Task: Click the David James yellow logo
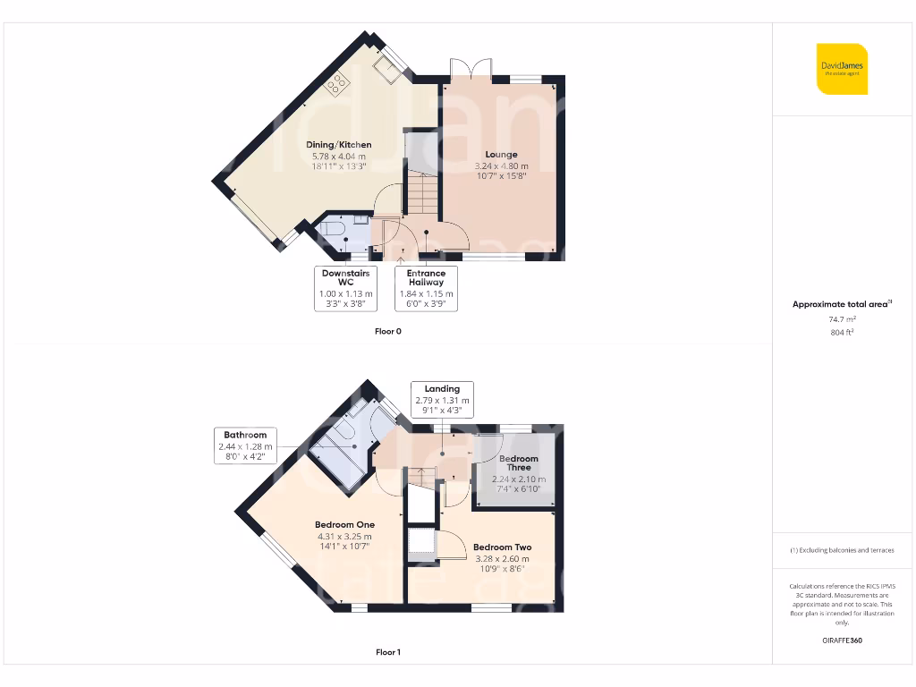(842, 68)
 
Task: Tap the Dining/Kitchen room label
(338, 145)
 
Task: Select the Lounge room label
(501, 155)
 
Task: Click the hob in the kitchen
(338, 84)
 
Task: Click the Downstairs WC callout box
(345, 288)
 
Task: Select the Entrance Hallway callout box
(426, 288)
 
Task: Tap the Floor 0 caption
(388, 331)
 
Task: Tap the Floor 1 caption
(388, 652)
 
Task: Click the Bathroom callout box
(245, 445)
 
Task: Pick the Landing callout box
(442, 399)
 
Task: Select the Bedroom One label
(344, 525)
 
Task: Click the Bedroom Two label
(502, 547)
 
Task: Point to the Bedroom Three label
(519, 462)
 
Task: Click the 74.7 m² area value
(841, 318)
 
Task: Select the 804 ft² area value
(841, 332)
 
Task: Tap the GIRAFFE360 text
(841, 640)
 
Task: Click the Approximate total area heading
(841, 304)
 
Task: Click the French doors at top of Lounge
(471, 70)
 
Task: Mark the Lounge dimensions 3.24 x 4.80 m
(501, 165)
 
